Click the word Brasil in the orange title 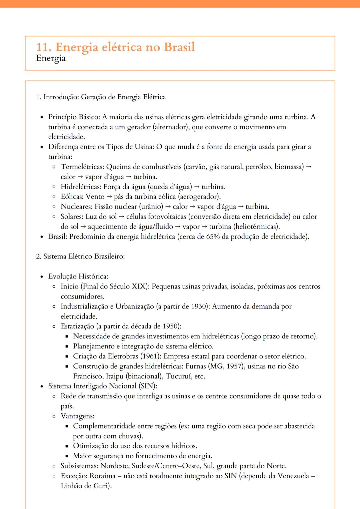179,47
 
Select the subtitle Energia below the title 51,58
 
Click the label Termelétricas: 82,167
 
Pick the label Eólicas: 72,197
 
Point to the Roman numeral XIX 139,286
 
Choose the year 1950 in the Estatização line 170,326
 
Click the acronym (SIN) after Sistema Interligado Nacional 148,386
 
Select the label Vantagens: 77,416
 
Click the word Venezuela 289,476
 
